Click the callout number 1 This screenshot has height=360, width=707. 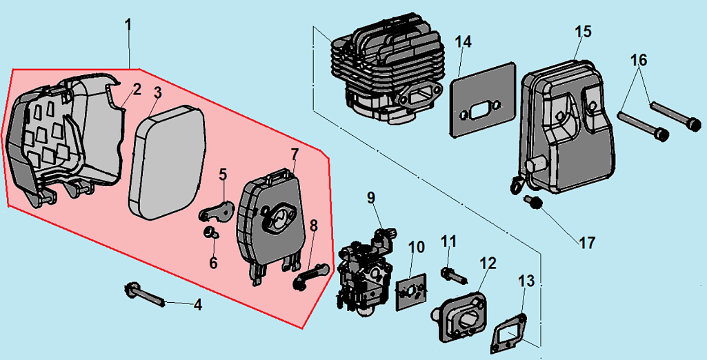coord(128,24)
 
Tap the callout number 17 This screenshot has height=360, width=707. coord(587,243)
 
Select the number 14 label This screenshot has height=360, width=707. coord(464,42)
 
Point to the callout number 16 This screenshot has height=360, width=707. coord(639,60)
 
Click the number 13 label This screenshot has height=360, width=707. coord(526,281)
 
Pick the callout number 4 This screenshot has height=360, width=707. coord(198,304)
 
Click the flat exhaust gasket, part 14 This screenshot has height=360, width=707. coord(483,100)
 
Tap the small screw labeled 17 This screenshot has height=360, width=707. coord(532,201)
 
